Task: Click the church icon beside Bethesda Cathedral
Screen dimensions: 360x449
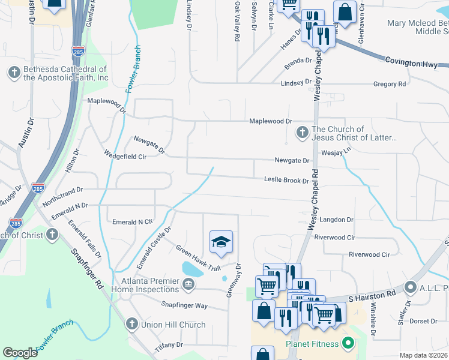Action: (x=14, y=72)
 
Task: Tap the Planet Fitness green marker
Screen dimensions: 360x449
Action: (x=348, y=344)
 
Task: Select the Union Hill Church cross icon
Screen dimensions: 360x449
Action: (x=131, y=325)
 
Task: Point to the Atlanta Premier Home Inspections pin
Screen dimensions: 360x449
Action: (x=188, y=283)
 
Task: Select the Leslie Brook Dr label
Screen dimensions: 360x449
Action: (x=286, y=180)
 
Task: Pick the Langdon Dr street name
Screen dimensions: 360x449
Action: (x=336, y=220)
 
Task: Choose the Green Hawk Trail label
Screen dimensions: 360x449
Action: (x=197, y=257)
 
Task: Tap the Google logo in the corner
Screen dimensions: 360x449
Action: (x=20, y=352)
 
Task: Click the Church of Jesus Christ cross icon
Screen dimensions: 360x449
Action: (x=302, y=131)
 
